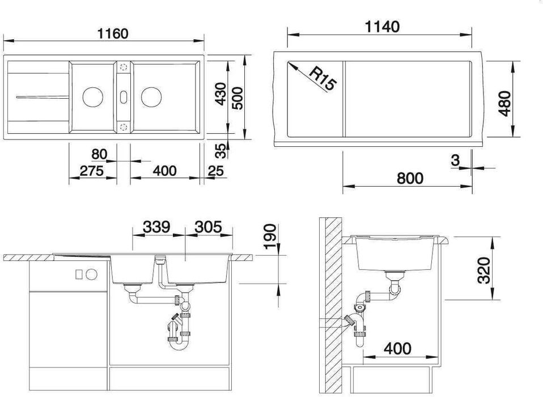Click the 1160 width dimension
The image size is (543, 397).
(x=113, y=33)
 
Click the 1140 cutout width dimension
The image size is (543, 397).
(x=383, y=27)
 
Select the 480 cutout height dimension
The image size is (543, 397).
(x=505, y=103)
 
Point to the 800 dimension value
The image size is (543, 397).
(x=410, y=178)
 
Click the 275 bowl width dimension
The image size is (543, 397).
(x=92, y=171)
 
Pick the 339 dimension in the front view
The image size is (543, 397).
(x=156, y=227)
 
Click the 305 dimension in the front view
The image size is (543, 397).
(x=208, y=227)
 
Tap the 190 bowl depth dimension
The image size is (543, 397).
(x=270, y=236)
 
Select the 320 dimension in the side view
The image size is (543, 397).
(x=484, y=271)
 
